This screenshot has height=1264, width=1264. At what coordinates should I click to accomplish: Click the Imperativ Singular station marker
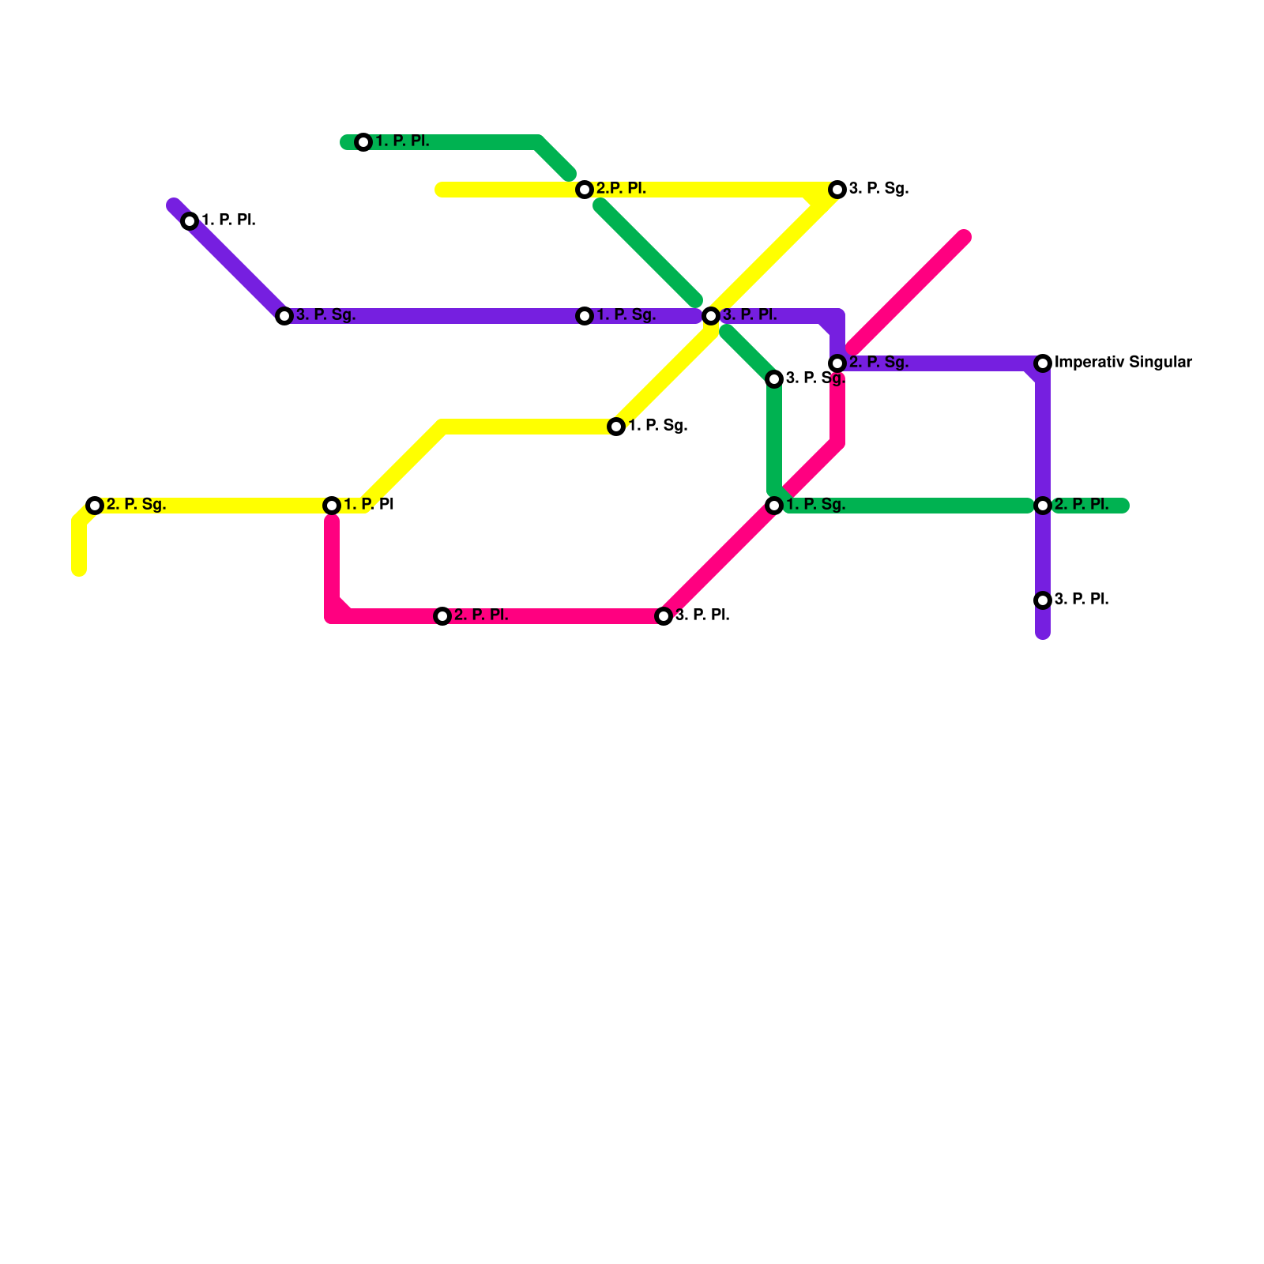click(x=1043, y=363)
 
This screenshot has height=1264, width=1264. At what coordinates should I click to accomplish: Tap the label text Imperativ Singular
click(x=1123, y=363)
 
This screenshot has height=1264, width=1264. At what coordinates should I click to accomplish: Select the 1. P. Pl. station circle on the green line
click(x=363, y=142)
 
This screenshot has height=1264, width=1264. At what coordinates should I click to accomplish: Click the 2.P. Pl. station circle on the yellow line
click(x=585, y=190)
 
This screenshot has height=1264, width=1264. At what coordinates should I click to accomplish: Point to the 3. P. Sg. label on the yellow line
click(x=878, y=189)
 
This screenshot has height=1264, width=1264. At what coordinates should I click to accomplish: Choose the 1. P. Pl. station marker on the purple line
click(x=190, y=221)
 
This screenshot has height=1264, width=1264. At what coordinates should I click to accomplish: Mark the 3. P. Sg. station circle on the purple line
click(x=284, y=316)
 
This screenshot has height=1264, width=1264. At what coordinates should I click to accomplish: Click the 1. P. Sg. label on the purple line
click(x=626, y=315)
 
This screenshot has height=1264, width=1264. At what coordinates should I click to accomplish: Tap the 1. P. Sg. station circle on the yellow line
click(x=616, y=427)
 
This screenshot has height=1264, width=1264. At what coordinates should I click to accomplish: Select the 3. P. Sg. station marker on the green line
click(x=774, y=379)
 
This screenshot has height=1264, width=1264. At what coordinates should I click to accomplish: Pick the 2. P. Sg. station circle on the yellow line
click(x=95, y=506)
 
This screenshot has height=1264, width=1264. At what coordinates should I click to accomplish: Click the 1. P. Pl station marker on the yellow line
click(x=332, y=506)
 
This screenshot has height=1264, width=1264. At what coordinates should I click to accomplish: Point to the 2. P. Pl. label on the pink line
click(x=480, y=615)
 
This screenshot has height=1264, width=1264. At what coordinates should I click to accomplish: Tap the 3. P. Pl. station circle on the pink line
click(x=664, y=616)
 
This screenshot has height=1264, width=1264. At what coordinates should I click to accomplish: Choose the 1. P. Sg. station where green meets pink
click(x=774, y=506)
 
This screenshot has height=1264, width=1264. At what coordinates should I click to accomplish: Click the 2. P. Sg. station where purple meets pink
click(x=837, y=363)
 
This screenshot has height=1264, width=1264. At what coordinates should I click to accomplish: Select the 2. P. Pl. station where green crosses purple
click(x=1043, y=506)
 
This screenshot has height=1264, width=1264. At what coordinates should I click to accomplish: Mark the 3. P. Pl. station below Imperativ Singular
click(x=1043, y=600)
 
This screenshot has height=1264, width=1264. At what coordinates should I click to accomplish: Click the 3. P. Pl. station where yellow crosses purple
click(x=711, y=316)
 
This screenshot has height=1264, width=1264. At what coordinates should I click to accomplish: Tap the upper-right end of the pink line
click(x=964, y=237)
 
